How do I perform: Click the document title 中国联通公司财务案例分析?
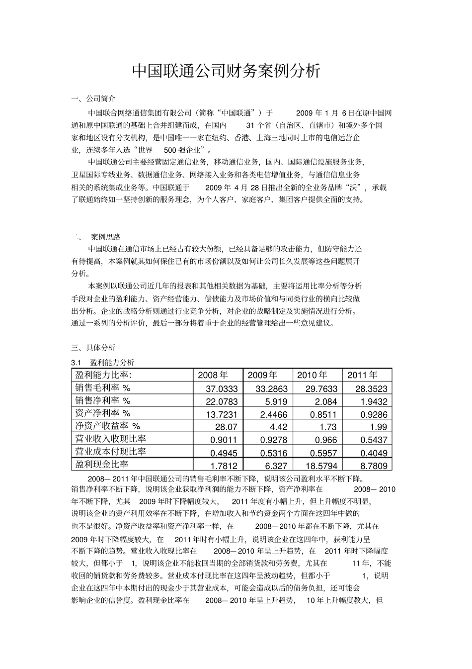point(226,72)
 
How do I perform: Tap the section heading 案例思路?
point(106,237)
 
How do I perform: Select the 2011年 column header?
point(362,375)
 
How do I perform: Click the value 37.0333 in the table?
point(222,389)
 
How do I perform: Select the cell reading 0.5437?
point(374,440)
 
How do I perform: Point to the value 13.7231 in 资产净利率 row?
point(222,414)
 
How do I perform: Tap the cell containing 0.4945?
point(224,453)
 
